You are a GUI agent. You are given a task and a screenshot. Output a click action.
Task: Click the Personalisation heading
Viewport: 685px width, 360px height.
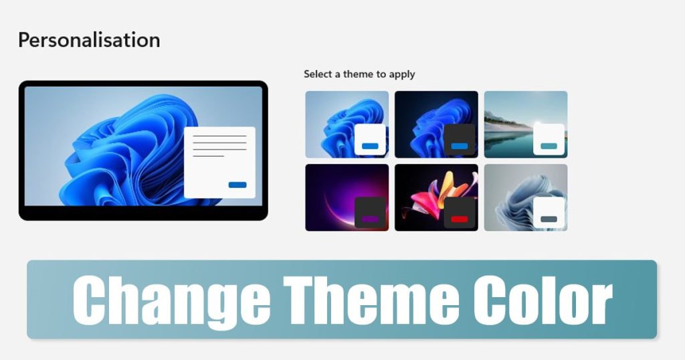tap(89, 40)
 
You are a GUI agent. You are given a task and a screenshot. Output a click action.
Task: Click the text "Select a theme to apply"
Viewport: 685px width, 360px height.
tap(359, 74)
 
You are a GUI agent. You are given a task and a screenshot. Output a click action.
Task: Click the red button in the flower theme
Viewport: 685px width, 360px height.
tap(460, 219)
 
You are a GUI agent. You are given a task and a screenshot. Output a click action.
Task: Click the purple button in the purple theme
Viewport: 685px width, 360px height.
tap(370, 219)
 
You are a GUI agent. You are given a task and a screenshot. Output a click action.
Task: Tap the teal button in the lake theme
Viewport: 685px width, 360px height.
tap(549, 146)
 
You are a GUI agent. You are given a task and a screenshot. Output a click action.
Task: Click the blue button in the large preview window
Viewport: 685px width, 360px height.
tap(237, 185)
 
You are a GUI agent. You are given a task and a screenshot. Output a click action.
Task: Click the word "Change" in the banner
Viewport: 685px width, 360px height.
tap(170, 302)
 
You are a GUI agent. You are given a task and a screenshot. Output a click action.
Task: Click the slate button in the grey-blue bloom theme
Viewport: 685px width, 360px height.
tap(549, 219)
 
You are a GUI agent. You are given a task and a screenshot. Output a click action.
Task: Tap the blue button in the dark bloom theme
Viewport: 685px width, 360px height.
tap(460, 146)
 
